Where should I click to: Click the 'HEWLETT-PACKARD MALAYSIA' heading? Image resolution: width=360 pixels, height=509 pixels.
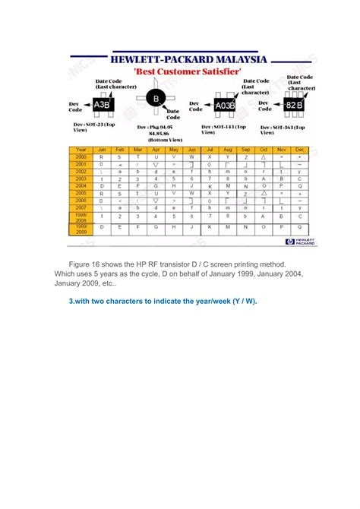188,59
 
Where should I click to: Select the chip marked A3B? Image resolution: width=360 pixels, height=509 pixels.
102,105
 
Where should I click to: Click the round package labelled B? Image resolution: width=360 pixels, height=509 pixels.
156,100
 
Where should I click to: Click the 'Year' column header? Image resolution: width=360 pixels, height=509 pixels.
81,150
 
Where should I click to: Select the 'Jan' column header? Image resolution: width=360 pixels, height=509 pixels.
102,150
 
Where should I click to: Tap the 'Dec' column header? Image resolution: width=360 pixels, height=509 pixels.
300,150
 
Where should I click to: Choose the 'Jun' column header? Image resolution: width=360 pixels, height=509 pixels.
192,150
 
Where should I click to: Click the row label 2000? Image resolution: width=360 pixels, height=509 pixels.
81,156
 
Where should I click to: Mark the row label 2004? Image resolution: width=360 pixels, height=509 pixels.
81,185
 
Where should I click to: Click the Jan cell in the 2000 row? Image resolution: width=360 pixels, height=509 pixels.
102,156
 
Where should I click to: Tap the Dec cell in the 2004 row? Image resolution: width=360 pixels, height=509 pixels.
300,185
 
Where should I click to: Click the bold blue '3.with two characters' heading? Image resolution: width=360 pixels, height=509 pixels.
163,302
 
